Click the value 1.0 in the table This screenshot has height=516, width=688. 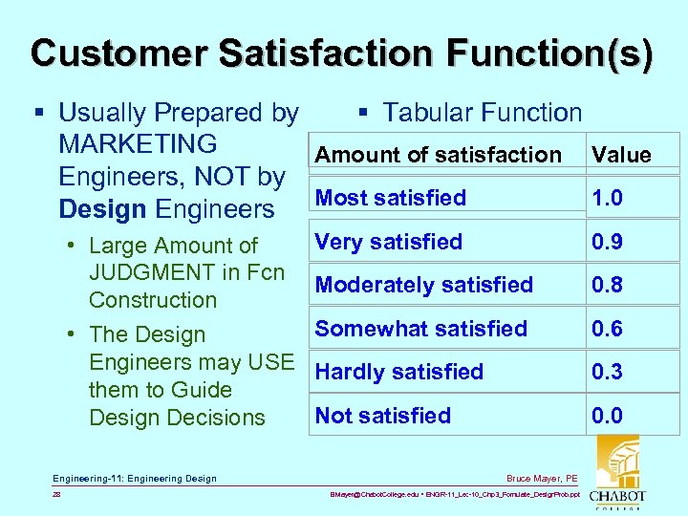point(607,198)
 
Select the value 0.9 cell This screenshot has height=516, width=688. point(607,242)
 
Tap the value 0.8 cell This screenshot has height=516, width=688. point(607,285)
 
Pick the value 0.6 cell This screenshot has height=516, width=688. point(607,329)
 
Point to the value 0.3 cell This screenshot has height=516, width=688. point(607,372)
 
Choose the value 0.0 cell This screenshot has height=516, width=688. point(607,416)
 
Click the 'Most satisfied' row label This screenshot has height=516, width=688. point(391,198)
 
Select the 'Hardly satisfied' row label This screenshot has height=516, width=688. point(399,372)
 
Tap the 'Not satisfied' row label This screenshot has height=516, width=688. point(383,416)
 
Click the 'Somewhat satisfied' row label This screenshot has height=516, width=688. point(421,329)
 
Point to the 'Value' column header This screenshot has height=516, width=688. point(621,155)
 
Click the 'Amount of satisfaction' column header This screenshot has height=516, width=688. point(439,155)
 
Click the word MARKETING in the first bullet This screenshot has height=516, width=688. point(138,144)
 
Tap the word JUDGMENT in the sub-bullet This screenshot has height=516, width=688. point(149,272)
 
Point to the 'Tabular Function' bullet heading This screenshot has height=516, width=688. point(482,113)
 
